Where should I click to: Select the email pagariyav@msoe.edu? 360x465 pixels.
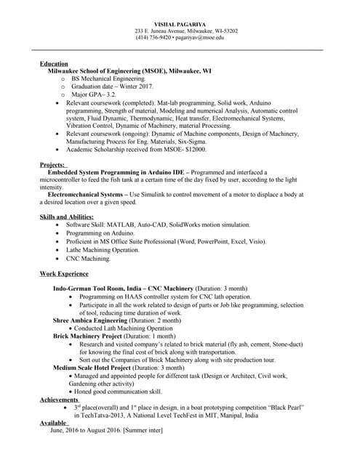[203, 37]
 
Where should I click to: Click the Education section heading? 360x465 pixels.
[54, 64]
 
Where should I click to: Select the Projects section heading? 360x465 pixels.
[52, 165]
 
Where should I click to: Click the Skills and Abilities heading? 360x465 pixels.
[66, 217]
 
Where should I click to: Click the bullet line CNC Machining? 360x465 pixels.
[89, 258]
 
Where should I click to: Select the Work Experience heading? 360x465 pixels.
[64, 274]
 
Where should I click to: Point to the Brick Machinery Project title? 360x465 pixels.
[87, 336]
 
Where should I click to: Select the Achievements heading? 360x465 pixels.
[59, 400]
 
